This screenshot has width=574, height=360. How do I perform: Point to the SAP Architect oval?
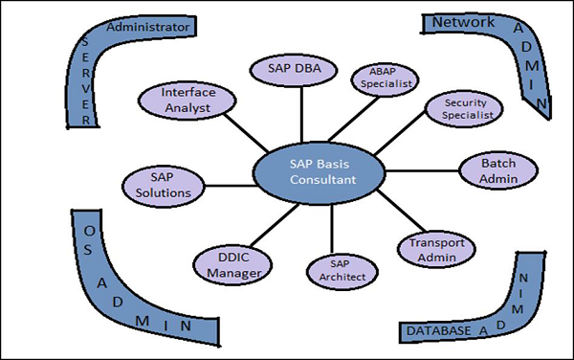pos(333,268)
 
